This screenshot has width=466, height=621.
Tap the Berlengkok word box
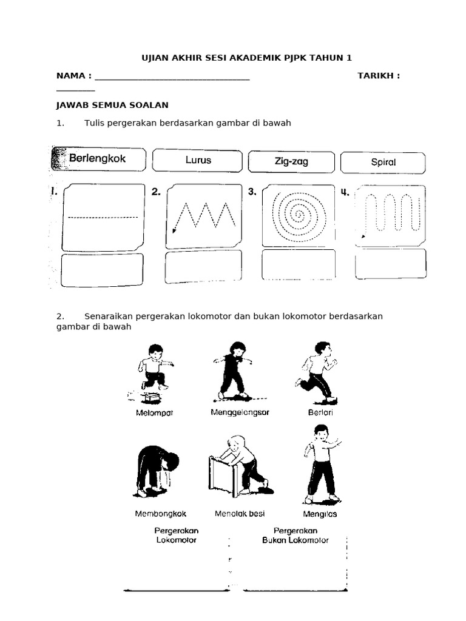click(99, 159)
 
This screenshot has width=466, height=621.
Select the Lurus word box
click(198, 161)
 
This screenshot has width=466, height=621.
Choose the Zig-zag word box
click(291, 162)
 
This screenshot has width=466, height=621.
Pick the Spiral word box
click(383, 163)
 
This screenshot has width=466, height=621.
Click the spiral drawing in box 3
click(299, 216)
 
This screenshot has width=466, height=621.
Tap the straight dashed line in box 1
click(103, 217)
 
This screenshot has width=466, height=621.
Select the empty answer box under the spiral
click(299, 265)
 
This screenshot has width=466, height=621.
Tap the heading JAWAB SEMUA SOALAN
click(112, 105)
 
